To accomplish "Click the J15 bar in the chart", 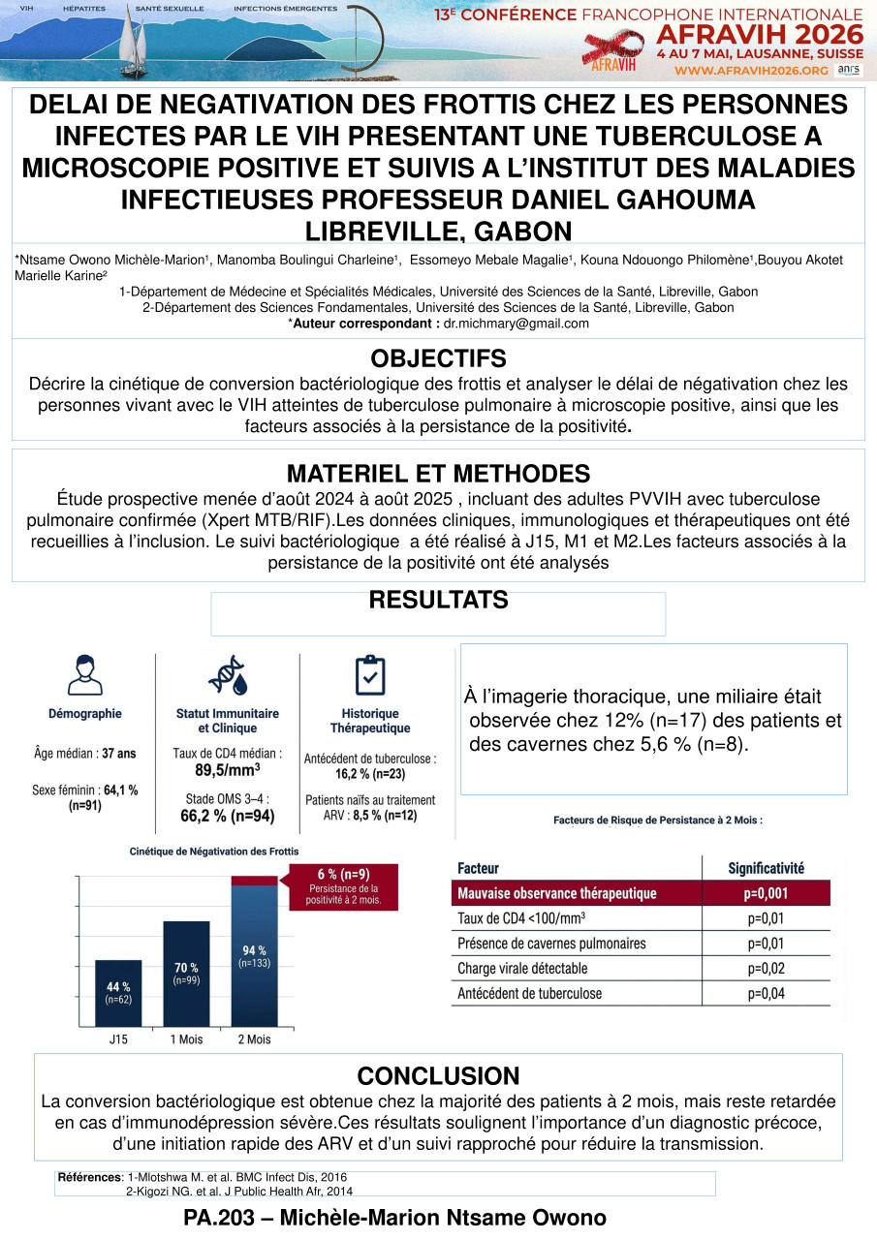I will (117, 992).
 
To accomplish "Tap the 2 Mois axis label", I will (254, 1039).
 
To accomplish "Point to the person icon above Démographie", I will (85, 673).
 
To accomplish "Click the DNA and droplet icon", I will (227, 674).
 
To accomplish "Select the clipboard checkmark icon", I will (370, 674).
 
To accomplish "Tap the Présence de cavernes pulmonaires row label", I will (550, 943).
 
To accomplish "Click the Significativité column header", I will (766, 868).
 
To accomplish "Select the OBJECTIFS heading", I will (438, 357).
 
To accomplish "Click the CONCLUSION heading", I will (438, 1075).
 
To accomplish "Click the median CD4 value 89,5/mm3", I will (228, 771).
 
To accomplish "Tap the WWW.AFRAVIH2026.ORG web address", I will (750, 71).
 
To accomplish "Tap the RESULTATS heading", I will (438, 601).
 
